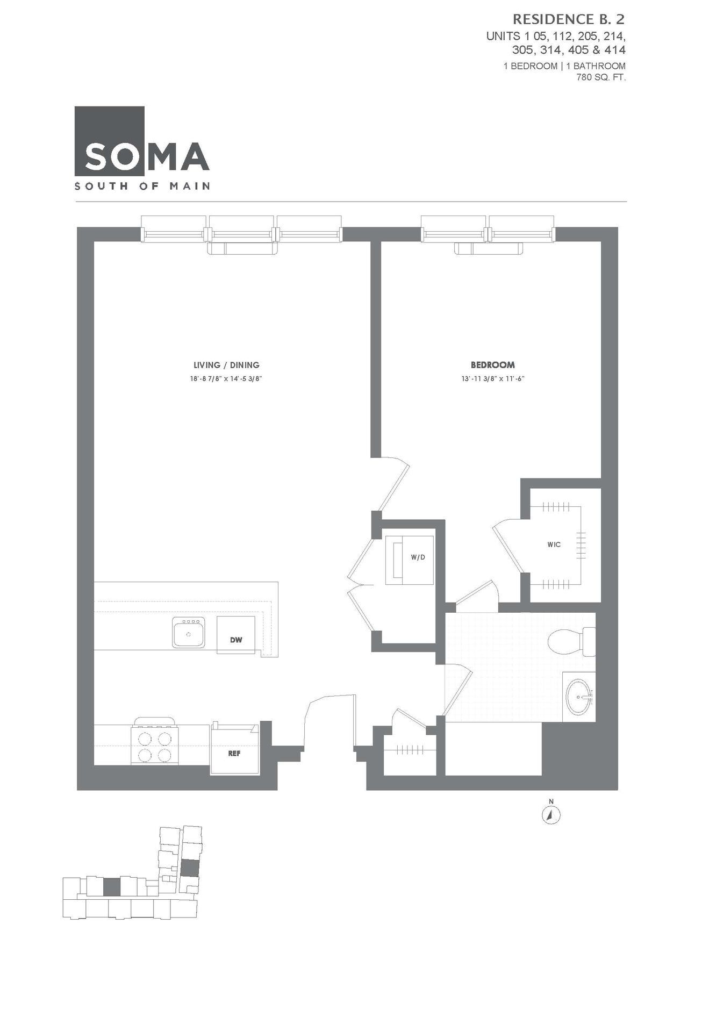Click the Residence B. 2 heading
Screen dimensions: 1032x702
tap(568, 19)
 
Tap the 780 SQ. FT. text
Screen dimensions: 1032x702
tap(600, 77)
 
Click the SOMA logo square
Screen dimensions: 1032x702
tap(110, 141)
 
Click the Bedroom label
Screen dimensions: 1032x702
tap(492, 365)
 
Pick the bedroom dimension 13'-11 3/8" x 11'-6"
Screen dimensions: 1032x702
tap(492, 379)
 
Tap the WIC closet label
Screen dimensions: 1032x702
tap(554, 544)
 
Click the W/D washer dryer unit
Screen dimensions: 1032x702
tap(410, 560)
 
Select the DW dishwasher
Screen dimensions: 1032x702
tap(236, 635)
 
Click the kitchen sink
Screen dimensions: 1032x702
tap(188, 632)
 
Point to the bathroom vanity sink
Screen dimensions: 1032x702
tap(578, 697)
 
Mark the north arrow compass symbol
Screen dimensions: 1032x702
tap(551, 815)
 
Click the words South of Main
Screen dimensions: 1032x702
tap(142, 186)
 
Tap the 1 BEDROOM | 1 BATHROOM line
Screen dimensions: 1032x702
tap(564, 66)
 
